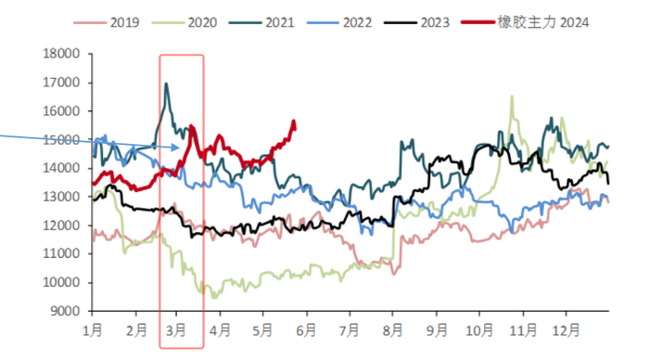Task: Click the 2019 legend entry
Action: click(107, 22)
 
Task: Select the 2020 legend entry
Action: click(185, 22)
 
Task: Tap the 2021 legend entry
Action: click(261, 22)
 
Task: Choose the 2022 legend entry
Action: click(339, 22)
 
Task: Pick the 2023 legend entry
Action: click(417, 22)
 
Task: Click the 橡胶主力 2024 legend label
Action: click(543, 22)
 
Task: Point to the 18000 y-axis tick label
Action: click(61, 54)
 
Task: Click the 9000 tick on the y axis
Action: click(65, 311)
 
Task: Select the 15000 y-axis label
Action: click(61, 139)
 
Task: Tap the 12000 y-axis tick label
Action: click(61, 225)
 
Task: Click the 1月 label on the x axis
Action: click(93, 330)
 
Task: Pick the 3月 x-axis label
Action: click(176, 330)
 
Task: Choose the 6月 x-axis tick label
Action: click(306, 330)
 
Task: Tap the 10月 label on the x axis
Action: click(479, 330)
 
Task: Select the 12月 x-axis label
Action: click(566, 330)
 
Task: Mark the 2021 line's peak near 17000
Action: click(166, 84)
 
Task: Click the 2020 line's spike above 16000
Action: click(512, 96)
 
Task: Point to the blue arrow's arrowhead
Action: click(179, 148)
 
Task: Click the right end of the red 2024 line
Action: click(295, 129)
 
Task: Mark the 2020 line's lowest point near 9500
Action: click(213, 297)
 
